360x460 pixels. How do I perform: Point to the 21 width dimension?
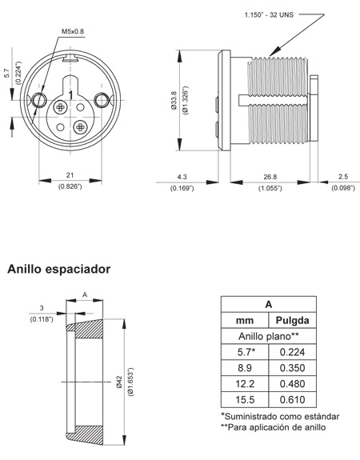point(70,175)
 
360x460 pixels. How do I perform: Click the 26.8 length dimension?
point(269,176)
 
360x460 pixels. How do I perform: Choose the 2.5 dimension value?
point(343,176)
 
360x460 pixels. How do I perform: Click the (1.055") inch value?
point(269,188)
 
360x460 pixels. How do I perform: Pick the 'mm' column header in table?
point(244,320)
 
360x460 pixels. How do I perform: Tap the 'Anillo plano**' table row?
point(268,336)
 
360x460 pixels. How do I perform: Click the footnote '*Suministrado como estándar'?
point(280,417)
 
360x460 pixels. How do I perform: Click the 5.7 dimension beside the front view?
point(6,76)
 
